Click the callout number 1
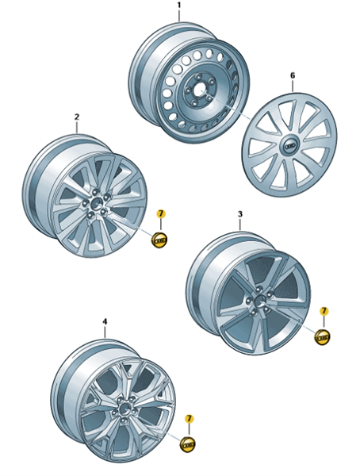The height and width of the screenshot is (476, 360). coord(178,6)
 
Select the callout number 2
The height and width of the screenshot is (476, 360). coord(76,117)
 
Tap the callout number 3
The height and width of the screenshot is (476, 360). coord(239,214)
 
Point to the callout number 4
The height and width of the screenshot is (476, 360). coord(105,321)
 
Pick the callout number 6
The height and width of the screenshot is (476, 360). coord(293,75)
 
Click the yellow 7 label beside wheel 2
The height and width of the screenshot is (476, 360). coord(161,213)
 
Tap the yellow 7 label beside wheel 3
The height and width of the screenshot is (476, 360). coord(324,311)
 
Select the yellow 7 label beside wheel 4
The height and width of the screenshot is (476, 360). coord(189,419)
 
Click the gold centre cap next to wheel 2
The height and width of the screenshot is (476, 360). coord(159,240)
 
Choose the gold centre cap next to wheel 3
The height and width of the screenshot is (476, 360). coord(322,337)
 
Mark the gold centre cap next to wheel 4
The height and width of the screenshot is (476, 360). coord(188,445)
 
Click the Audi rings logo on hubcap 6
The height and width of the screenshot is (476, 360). coord(290,146)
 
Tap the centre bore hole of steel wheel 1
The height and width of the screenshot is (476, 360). coord(200,90)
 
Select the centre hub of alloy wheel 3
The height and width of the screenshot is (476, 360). coord(259,301)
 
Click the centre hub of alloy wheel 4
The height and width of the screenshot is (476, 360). coord(124,409)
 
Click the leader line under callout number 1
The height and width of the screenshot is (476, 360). coord(178,16)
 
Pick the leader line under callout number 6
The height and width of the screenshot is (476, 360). coord(293,86)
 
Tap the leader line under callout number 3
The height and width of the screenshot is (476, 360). coord(239,225)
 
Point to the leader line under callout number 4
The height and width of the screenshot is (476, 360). coord(105,332)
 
